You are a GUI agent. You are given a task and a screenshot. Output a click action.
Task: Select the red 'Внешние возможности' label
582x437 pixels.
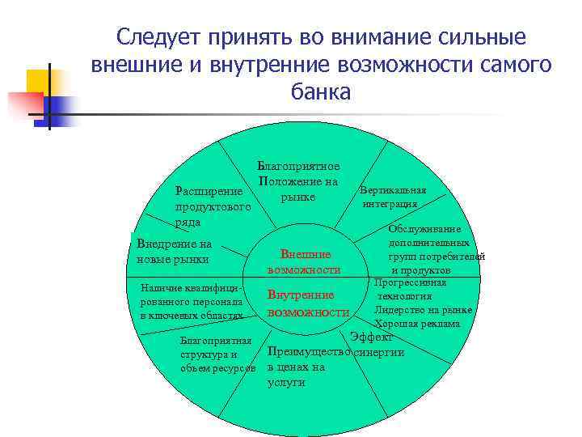tap(304, 261)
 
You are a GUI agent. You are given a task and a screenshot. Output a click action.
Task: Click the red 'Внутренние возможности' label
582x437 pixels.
tap(307, 303)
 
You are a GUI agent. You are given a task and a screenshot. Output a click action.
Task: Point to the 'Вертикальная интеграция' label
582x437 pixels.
tap(393, 197)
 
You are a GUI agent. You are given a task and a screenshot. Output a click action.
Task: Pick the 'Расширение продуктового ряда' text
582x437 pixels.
tap(213, 206)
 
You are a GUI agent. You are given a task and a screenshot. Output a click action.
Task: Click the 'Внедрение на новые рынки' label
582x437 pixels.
tap(174, 251)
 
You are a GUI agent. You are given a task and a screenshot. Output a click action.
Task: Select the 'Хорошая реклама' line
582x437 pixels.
tap(417, 323)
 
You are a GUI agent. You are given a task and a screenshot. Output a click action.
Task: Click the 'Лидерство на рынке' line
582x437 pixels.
tap(424, 309)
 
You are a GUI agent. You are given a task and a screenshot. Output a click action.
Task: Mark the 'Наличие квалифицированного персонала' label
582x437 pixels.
tap(191, 301)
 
